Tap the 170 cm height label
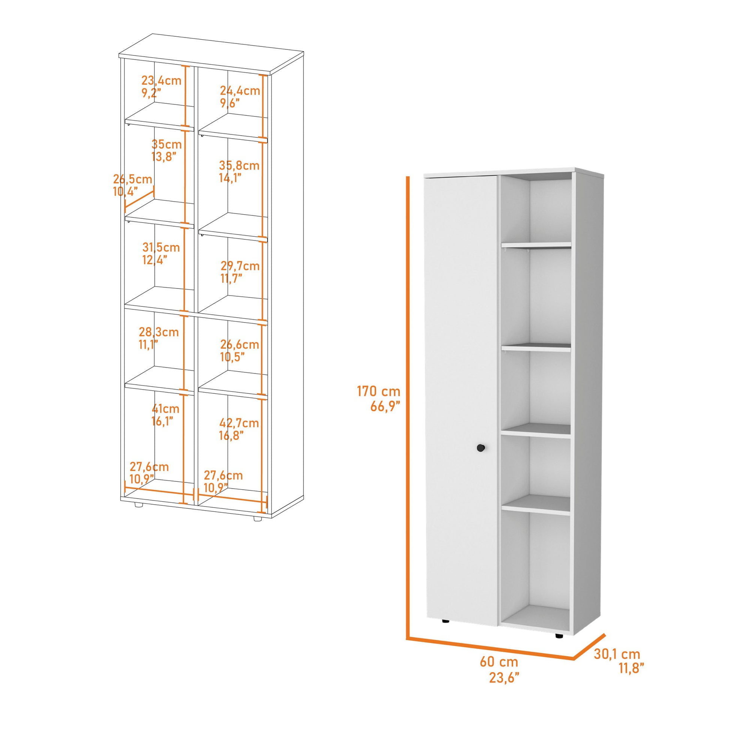378,392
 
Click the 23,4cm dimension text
161,81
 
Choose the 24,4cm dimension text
240,91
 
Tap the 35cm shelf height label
166,144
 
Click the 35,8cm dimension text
239,165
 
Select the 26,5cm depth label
133,179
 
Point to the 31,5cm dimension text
161,247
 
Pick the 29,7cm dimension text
240,266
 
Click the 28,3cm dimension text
158,332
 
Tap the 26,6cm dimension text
240,344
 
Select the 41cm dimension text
165,409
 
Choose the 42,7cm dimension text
239,423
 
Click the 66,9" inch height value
385,406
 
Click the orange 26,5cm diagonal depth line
139,199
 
